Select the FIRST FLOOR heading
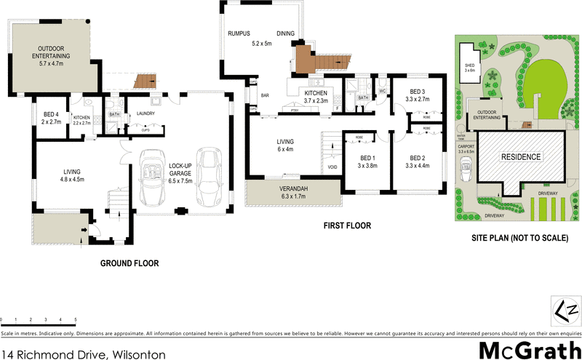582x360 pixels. (347, 226)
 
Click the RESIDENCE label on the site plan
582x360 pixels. (519, 156)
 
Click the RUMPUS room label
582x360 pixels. (239, 33)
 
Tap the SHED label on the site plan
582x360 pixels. (469, 67)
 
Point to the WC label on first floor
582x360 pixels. (381, 92)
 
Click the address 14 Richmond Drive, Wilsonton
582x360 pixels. (83, 354)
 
